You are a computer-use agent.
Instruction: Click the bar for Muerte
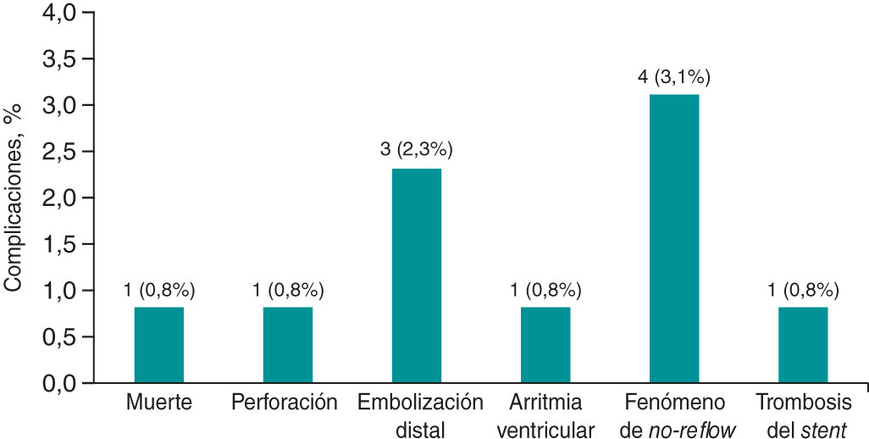(x=159, y=345)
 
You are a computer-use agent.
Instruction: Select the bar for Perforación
(x=288, y=345)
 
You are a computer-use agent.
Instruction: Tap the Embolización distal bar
(x=417, y=275)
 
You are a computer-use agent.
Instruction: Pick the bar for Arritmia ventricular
(x=545, y=345)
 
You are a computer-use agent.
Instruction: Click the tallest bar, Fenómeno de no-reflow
(x=674, y=238)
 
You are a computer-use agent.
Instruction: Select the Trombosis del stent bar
(x=803, y=345)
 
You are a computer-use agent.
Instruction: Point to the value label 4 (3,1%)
(x=674, y=78)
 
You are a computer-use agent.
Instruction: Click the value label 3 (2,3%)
(x=417, y=151)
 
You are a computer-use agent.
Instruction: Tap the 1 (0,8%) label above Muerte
(x=159, y=290)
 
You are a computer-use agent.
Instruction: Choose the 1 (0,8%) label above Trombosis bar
(x=803, y=290)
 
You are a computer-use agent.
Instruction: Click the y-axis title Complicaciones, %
(x=14, y=198)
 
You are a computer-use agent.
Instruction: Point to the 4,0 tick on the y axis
(x=58, y=14)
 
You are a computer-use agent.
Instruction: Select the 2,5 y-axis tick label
(x=58, y=153)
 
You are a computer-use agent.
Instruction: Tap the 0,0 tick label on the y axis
(x=58, y=384)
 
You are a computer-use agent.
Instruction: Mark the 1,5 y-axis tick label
(x=58, y=245)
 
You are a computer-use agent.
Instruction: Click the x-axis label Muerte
(x=159, y=403)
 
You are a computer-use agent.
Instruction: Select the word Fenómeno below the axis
(x=674, y=403)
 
